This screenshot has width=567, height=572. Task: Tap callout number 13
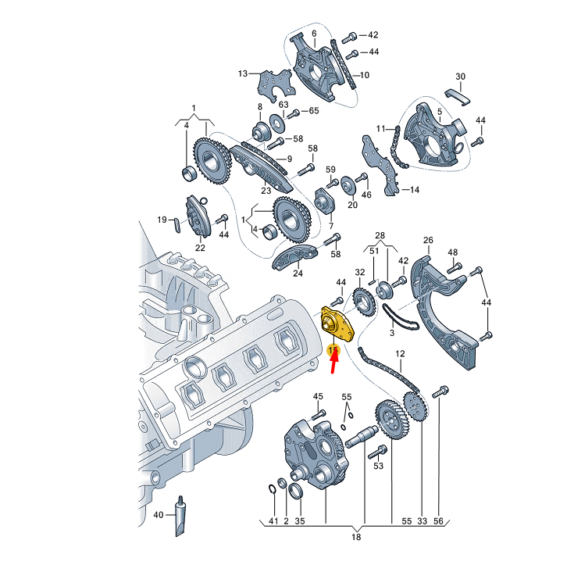pos(243,73)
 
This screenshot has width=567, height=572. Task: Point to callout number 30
pos(460,77)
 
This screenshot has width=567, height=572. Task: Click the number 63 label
pos(283,104)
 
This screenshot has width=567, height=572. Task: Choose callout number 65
pos(314,111)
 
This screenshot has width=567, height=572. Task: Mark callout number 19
pos(162,220)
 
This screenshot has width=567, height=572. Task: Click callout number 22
pos(200,248)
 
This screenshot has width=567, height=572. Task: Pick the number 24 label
pos(298,273)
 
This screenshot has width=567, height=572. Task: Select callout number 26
pos(428,240)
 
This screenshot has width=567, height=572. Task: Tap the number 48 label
pos(453,252)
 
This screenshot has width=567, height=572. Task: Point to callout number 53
pos(379,467)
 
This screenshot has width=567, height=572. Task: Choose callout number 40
pos(159,515)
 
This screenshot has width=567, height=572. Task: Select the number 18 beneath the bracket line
pos(355,538)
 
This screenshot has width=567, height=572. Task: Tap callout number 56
pos(437,520)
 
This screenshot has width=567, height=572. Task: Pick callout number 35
pos(301,520)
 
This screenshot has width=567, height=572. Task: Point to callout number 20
pos(352,205)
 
